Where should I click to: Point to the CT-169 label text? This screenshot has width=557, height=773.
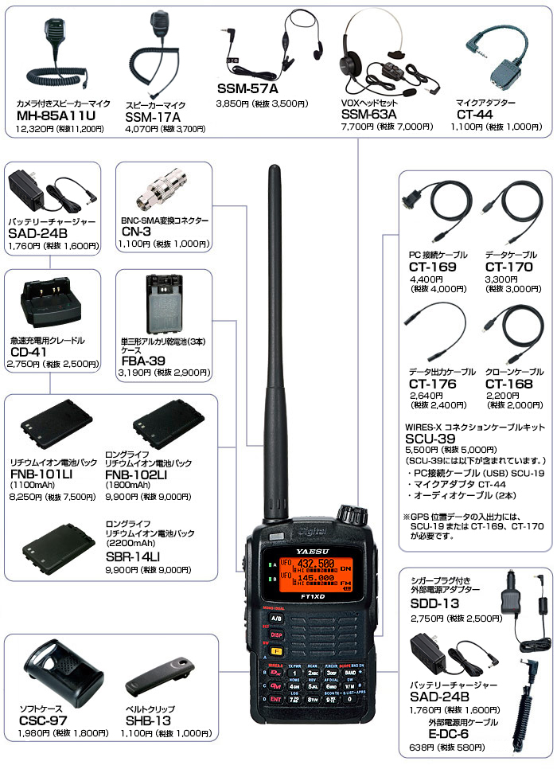(434, 267)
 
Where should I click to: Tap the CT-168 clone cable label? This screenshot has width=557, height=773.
(509, 384)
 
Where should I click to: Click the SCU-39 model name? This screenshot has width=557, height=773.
(430, 438)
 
